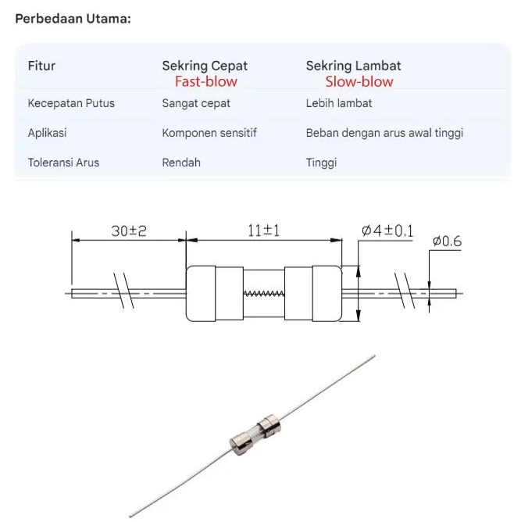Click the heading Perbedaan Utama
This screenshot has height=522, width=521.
coord(73,18)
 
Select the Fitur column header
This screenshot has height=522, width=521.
coord(41,66)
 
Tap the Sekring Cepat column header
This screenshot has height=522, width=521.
coord(205,66)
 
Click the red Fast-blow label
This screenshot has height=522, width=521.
coord(205,82)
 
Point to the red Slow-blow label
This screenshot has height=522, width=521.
coord(359,82)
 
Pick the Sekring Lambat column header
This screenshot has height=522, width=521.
coord(353,66)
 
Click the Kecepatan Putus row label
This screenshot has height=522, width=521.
coord(71,103)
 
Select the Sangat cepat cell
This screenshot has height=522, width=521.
coord(196,103)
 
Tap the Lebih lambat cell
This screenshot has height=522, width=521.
coord(339,103)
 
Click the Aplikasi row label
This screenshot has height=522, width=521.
coord(47,133)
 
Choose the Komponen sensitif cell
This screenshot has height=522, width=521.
coord(209,133)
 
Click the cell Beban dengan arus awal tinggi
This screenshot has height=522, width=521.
coord(384,133)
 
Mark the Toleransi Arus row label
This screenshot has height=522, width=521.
coord(63,163)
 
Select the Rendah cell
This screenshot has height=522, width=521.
coord(181,163)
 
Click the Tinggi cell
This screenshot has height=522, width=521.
coord(321,163)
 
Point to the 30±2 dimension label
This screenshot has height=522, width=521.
coord(129,231)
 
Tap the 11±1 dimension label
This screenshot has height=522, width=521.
coord(263,231)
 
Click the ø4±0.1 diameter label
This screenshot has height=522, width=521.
coord(388,231)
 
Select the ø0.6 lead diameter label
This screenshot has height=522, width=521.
coord(447,242)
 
